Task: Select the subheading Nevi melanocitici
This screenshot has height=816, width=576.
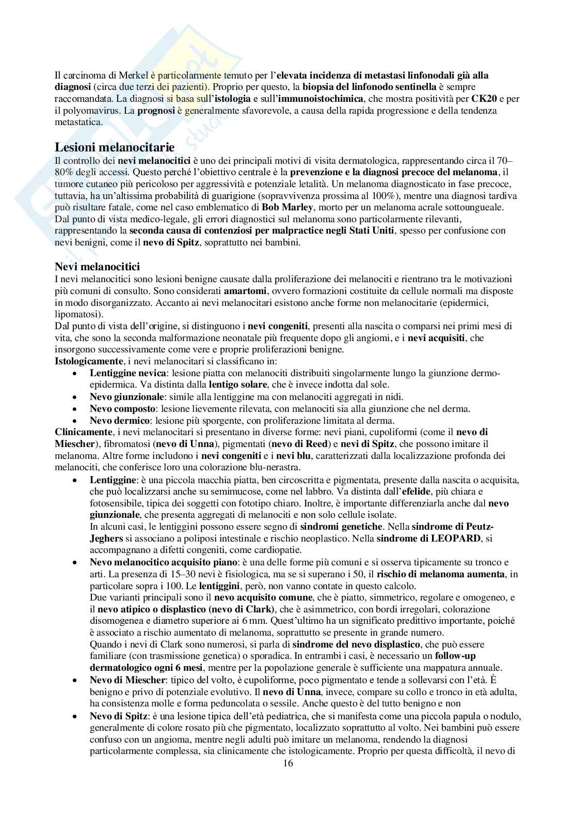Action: [x=97, y=267]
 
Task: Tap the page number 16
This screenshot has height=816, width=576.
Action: [x=288, y=764]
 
